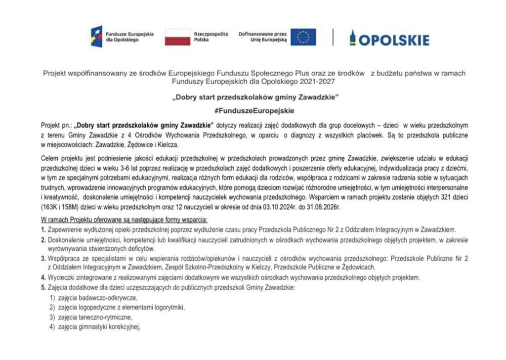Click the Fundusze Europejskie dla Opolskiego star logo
click(96, 37)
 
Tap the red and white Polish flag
click(177, 37)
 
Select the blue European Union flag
click(303, 37)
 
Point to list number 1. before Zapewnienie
click(43, 229)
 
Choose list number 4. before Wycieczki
click(43, 277)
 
